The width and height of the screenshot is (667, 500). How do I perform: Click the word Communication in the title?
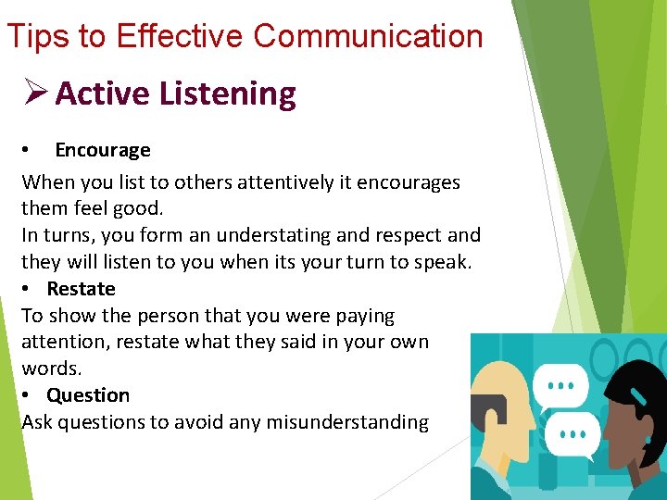coord(368,36)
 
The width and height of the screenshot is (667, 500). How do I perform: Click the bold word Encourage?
coord(102,150)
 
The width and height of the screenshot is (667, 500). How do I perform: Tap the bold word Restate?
coord(81,289)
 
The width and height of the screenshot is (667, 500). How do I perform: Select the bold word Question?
coord(88,395)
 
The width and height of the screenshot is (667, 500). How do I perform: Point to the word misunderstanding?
coord(347,422)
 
